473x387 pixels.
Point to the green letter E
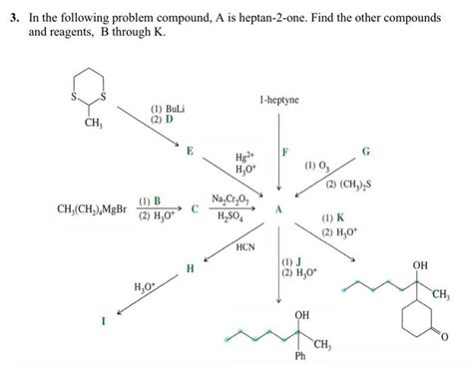pyautogui.click(x=190, y=150)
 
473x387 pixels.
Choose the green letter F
pyautogui.click(x=286, y=151)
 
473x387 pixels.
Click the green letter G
pyautogui.click(x=366, y=150)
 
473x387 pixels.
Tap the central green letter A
pyautogui.click(x=280, y=209)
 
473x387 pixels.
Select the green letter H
pyautogui.click(x=190, y=268)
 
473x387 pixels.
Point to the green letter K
pyautogui.click(x=341, y=218)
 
